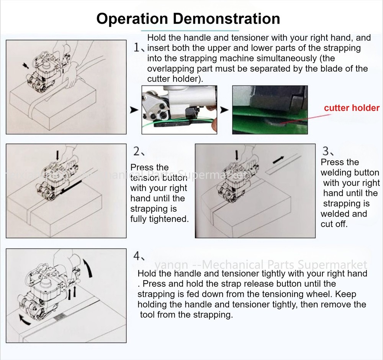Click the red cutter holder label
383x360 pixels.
pyautogui.click(x=352, y=108)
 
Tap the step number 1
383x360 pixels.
pyautogui.click(x=138, y=48)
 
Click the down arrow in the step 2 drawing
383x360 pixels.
pyautogui.click(x=57, y=155)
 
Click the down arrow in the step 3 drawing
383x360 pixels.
pyautogui.click(x=237, y=155)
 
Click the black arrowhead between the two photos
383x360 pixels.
pyautogui.click(x=224, y=110)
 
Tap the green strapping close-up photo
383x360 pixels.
pyautogui.click(x=270, y=110)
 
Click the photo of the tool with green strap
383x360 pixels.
pyautogui.click(x=179, y=110)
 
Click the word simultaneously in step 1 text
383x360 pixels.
pyautogui.click(x=280, y=58)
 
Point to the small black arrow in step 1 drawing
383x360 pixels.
pyautogui.click(x=26, y=66)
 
